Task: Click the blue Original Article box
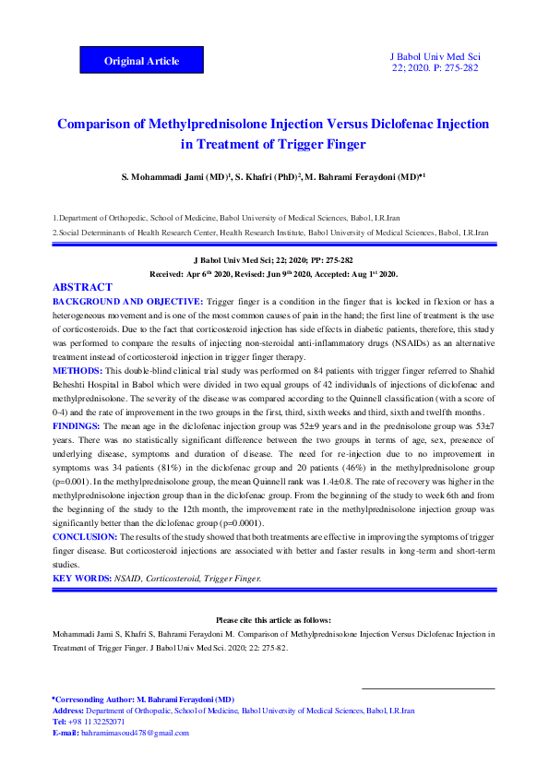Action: [x=141, y=61]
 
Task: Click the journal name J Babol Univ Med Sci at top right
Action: [x=436, y=57]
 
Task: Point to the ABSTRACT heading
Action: [x=83, y=288]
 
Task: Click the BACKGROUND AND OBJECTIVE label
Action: [x=127, y=302]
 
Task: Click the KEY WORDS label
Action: [x=81, y=578]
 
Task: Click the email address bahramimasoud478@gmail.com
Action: [x=135, y=733]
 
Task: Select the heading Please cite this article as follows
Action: [x=273, y=620]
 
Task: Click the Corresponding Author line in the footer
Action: [x=144, y=700]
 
